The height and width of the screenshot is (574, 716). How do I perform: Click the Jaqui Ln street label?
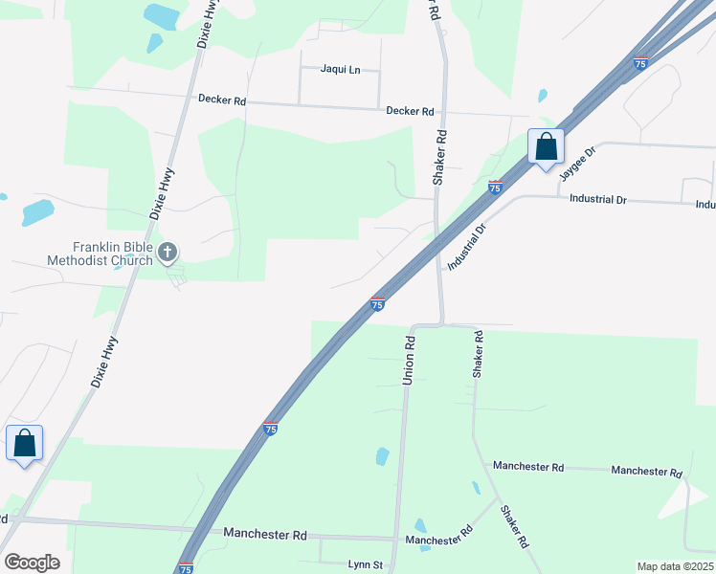click(x=341, y=70)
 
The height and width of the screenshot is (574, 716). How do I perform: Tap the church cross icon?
click(x=168, y=254)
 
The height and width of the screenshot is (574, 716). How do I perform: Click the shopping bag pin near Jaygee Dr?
click(x=546, y=147)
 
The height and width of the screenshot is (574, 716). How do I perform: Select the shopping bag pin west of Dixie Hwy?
click(x=24, y=444)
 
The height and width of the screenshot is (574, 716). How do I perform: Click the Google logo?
click(x=32, y=563)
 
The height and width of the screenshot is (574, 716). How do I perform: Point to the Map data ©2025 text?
click(x=674, y=566)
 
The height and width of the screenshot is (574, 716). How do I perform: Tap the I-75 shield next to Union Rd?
click(x=378, y=303)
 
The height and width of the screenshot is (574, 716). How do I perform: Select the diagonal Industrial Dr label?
click(x=467, y=246)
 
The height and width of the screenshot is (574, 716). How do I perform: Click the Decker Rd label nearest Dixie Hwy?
click(x=222, y=99)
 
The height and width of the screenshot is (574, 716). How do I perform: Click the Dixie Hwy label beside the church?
click(x=162, y=194)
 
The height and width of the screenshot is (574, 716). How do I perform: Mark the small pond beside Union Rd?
click(x=383, y=456)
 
